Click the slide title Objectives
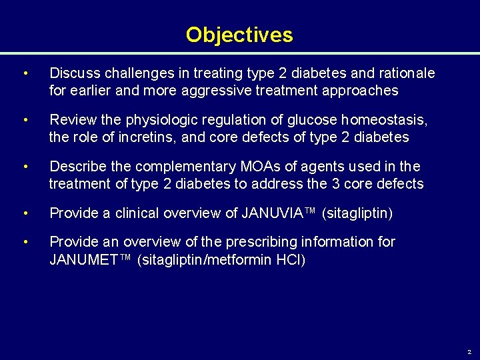pos(239,35)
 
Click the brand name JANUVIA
pos(272,213)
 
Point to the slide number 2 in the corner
pos(469,351)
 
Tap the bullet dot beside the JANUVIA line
pos(25,213)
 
